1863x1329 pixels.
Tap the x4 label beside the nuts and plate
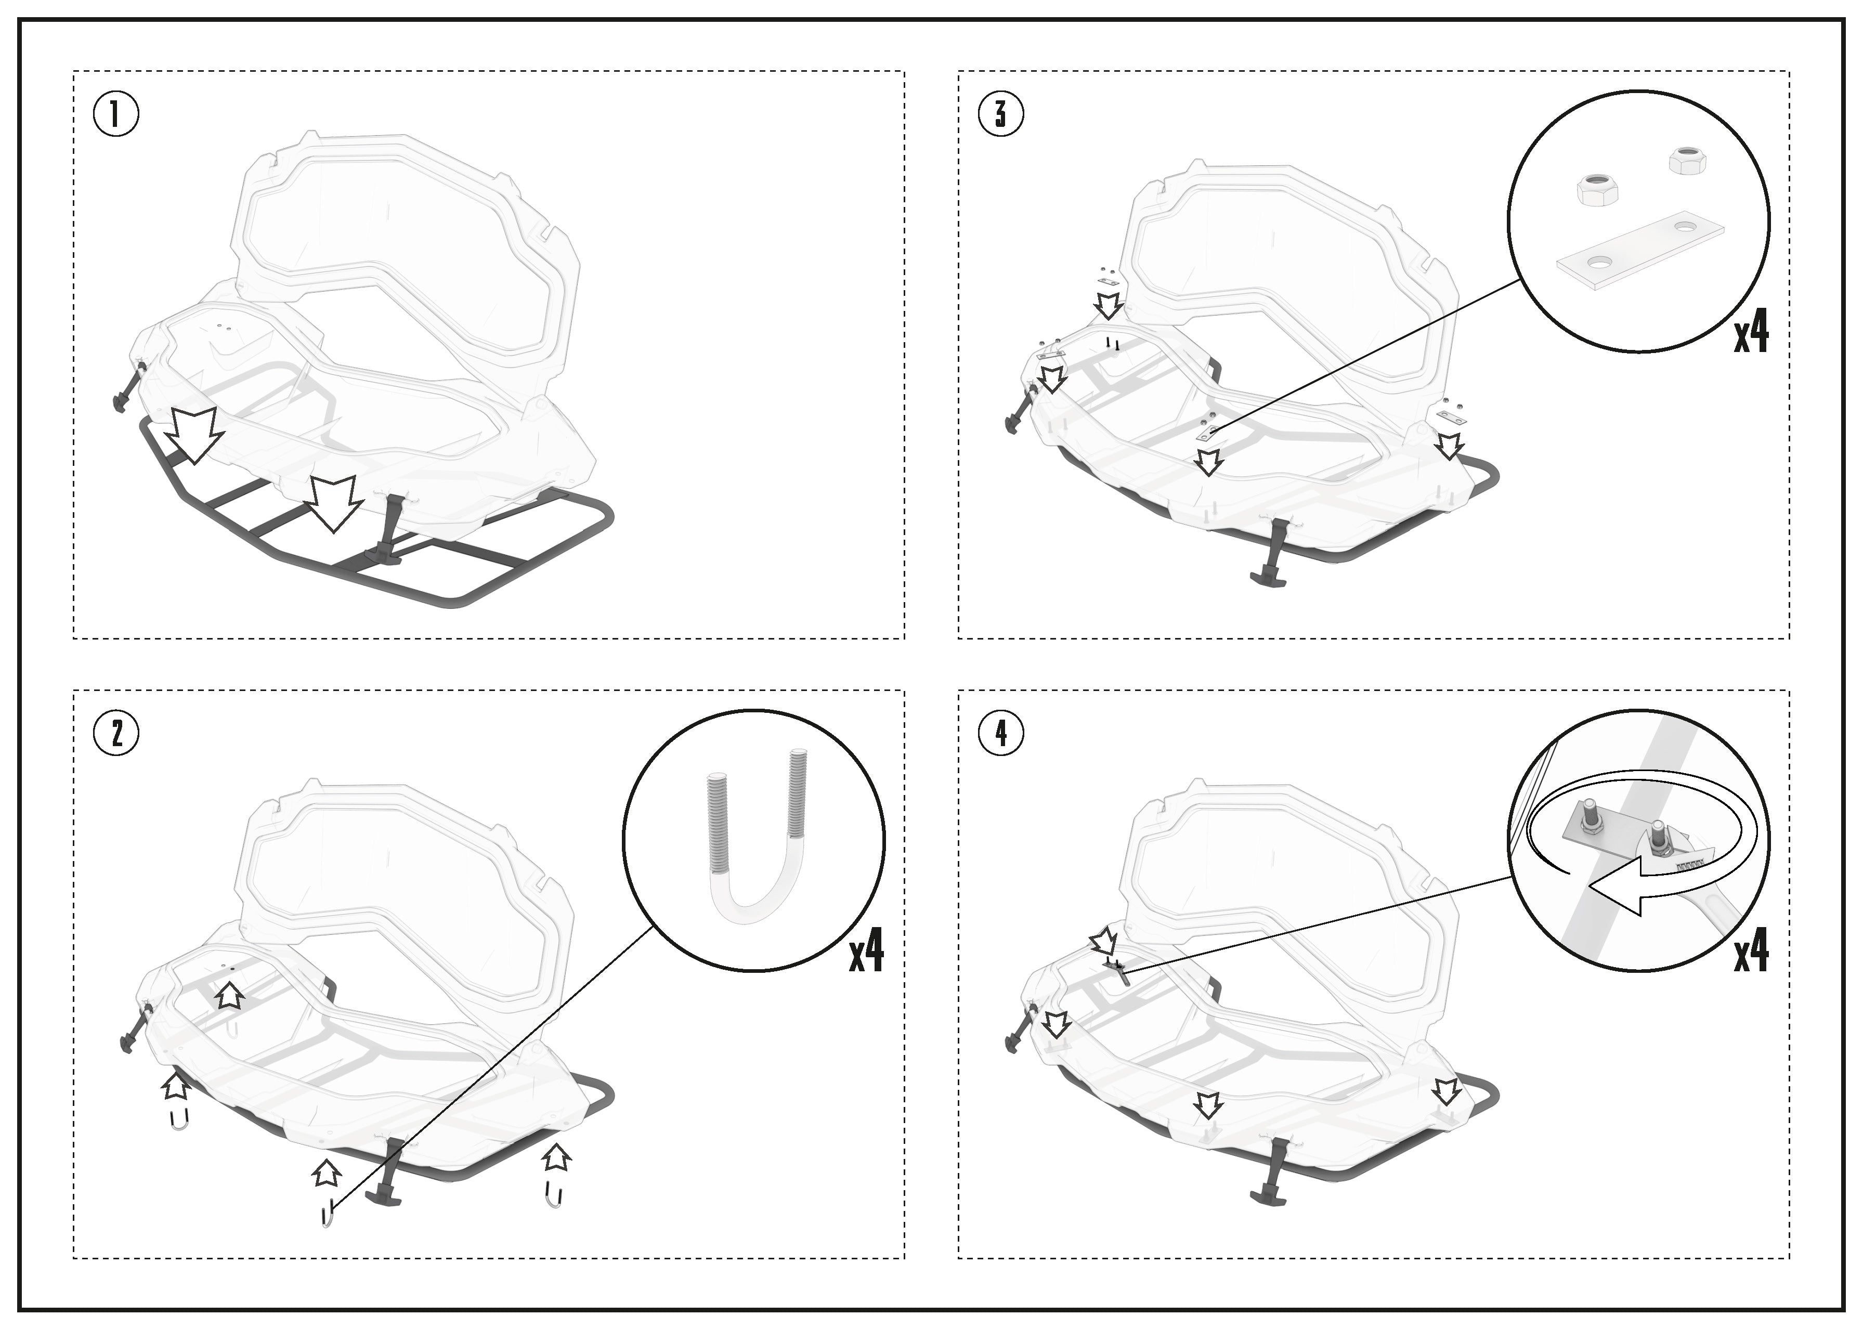click(x=1752, y=333)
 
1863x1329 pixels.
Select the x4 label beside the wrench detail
click(x=1752, y=952)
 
